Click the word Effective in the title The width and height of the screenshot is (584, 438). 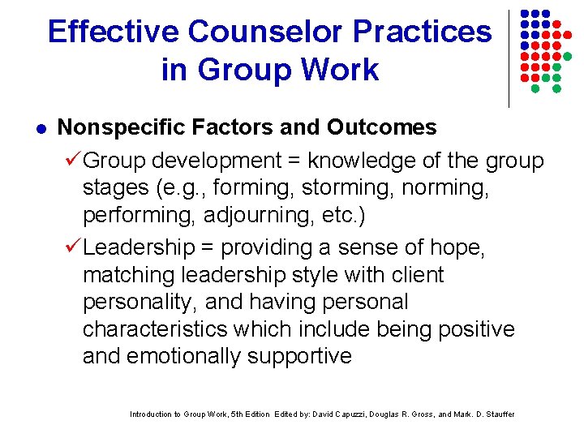pos(113,32)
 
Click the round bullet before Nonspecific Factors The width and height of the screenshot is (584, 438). pos(41,129)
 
